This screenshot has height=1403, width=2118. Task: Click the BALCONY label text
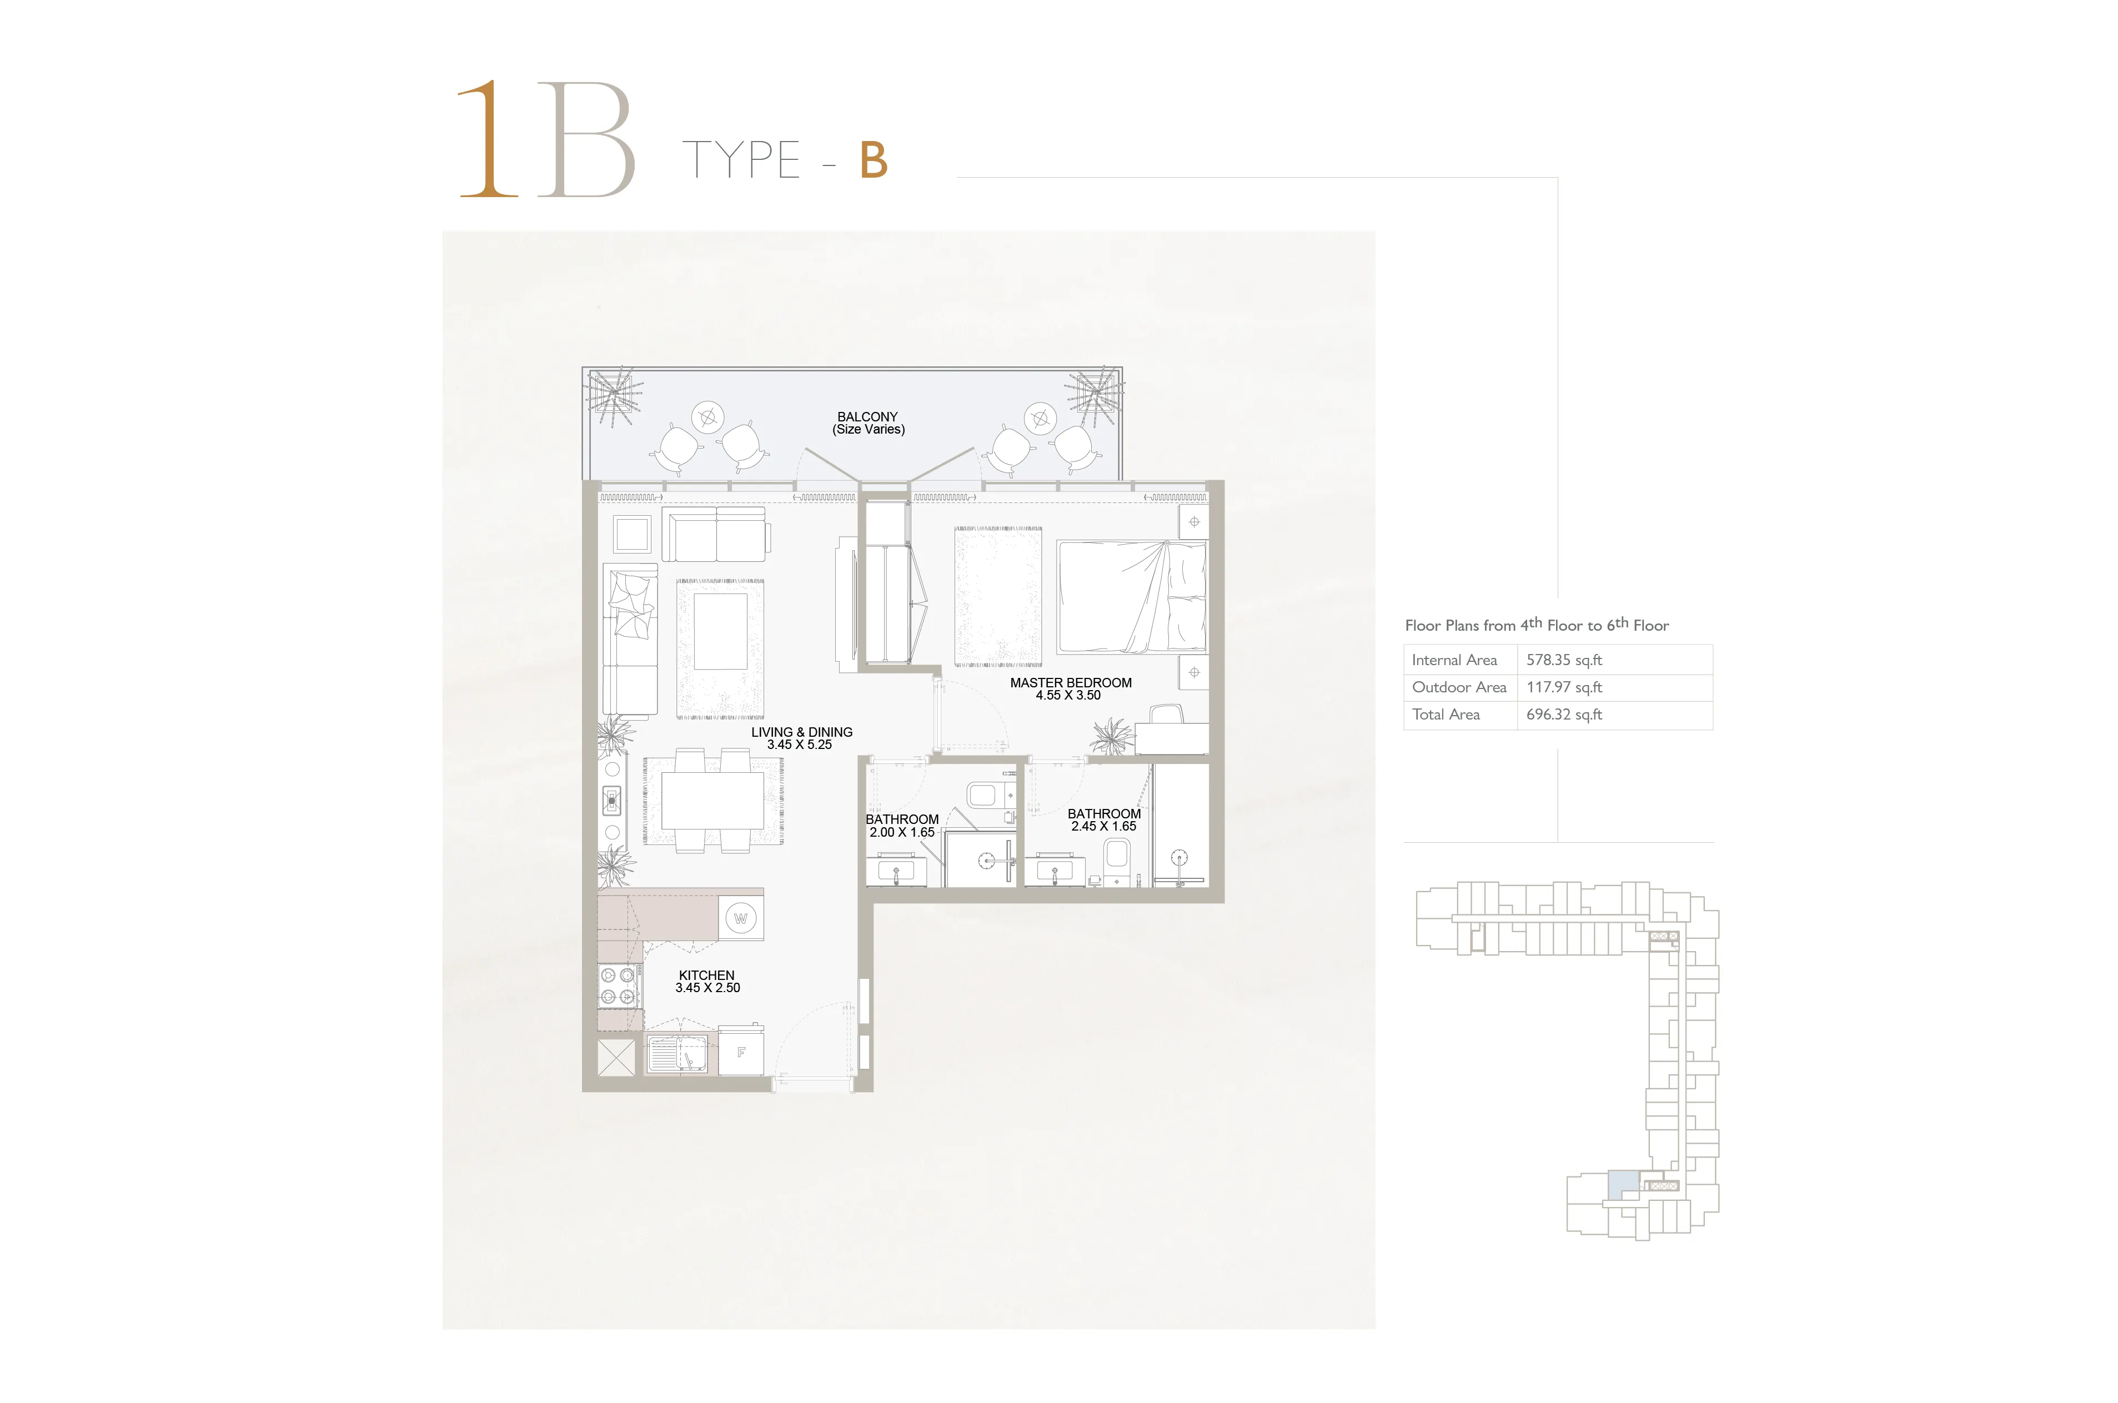click(x=867, y=417)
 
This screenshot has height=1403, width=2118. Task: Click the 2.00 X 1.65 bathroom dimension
click(x=901, y=832)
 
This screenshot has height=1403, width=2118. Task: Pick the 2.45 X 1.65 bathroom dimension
click(x=1103, y=826)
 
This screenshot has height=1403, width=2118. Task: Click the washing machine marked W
click(x=741, y=918)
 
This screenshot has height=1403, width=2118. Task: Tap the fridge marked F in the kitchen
click(x=741, y=1052)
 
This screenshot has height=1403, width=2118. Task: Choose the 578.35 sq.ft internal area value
click(x=1564, y=660)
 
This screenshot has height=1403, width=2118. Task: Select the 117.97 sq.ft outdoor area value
click(x=1564, y=687)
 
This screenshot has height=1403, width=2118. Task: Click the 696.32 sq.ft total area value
click(x=1564, y=714)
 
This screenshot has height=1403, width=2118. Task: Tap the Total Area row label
click(x=1446, y=714)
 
